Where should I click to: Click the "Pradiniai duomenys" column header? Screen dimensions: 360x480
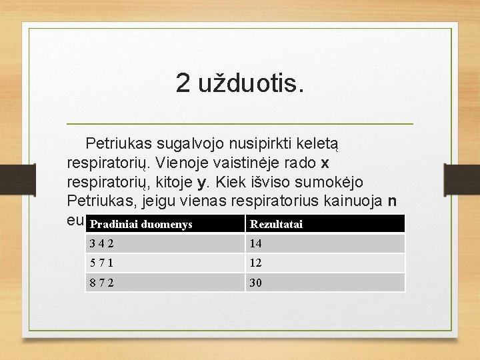point(141,225)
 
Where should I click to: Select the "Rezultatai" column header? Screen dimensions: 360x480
point(276,225)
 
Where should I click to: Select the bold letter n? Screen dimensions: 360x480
point(392,201)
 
